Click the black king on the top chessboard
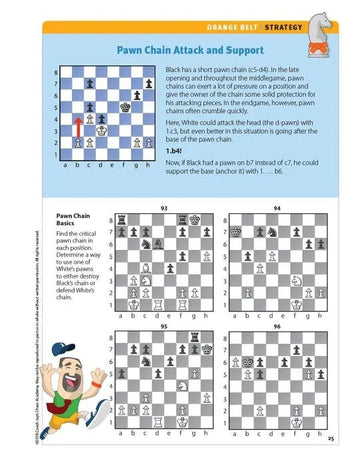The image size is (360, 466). (x=127, y=104)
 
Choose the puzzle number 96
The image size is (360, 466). (x=276, y=326)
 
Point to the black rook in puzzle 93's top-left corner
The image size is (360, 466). (x=122, y=219)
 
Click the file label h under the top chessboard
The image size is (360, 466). (x=142, y=165)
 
